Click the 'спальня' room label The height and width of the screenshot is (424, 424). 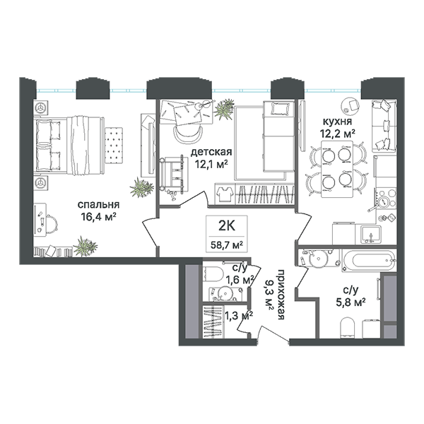coord(98,205)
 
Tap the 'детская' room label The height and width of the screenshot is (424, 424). coord(211,152)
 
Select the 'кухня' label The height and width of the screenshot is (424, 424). coord(338,122)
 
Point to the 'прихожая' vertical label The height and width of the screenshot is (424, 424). coord(281,295)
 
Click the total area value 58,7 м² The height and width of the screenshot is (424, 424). coord(227,245)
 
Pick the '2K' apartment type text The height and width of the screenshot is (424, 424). coord(227,225)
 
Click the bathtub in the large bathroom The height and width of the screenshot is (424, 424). coord(369,261)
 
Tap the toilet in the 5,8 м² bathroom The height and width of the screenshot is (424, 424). coord(347,327)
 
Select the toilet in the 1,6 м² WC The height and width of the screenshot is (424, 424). coord(213,273)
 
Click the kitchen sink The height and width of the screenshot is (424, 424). coord(371,234)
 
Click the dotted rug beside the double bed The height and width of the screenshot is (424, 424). coord(114,145)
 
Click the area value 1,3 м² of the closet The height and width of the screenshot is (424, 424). coord(239,315)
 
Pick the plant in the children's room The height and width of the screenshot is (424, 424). coord(224,109)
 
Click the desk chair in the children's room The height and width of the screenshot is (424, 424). coord(188,134)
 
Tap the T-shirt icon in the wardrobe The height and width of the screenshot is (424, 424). coord(225,194)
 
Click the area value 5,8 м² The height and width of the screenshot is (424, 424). coord(351,302)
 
